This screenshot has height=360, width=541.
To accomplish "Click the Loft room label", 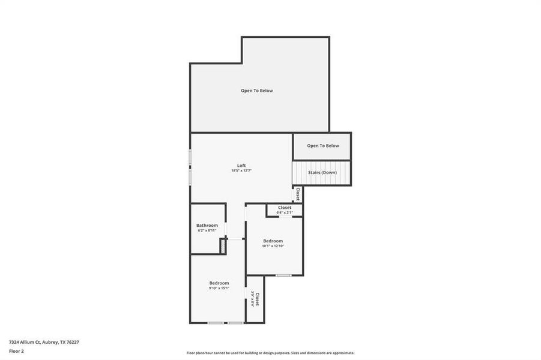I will coord(241,166).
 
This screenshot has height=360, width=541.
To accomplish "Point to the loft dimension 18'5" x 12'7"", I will coord(241,171).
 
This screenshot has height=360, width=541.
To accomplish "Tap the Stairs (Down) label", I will coord(322,173).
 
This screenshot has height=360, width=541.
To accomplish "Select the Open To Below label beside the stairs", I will coord(322,146).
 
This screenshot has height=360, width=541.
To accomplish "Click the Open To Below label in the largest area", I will coord(257,91).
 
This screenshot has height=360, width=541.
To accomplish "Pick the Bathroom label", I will coord(207,226).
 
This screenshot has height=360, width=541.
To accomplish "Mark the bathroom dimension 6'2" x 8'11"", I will coord(207,231).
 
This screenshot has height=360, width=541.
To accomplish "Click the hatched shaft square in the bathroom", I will coord(222,246).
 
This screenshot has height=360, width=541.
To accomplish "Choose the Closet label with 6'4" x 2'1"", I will coord(285,208).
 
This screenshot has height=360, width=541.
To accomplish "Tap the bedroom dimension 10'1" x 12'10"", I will coord(273,246).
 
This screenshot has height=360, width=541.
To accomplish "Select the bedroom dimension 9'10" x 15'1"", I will coord(219,288).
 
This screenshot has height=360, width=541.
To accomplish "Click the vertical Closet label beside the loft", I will coord(298,194).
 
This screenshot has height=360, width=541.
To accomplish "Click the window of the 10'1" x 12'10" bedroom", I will coord(283,275).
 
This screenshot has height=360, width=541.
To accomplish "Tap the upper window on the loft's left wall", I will coord(191,157).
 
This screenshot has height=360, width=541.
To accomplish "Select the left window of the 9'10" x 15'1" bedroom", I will coord(216,323).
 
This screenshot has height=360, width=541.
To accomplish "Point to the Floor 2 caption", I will coord(16,351).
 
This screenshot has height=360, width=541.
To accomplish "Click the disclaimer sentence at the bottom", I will coord(270,353).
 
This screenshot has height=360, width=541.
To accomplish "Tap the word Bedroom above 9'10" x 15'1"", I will coord(219,283).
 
